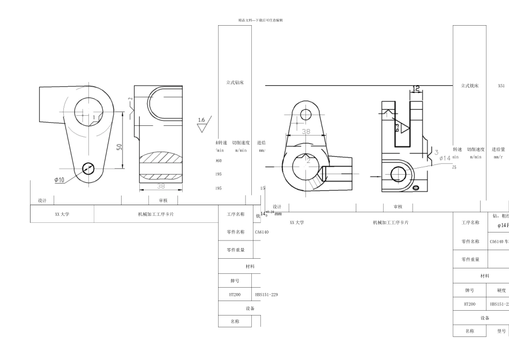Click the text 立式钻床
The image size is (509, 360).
[235, 82]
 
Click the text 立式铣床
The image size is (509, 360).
[469, 85]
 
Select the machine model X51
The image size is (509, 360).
[501, 85]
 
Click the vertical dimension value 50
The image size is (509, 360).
[118, 146]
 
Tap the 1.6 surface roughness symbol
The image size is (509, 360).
[202, 121]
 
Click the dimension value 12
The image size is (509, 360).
[416, 88]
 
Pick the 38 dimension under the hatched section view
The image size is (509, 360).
[160, 186]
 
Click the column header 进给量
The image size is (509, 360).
[498, 149]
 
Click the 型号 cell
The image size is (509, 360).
[498, 331]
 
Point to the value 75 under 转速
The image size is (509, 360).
[454, 168]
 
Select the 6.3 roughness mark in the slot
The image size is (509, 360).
[397, 127]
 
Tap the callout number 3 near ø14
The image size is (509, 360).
[436, 152]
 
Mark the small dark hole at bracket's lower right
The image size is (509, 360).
[416, 186]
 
